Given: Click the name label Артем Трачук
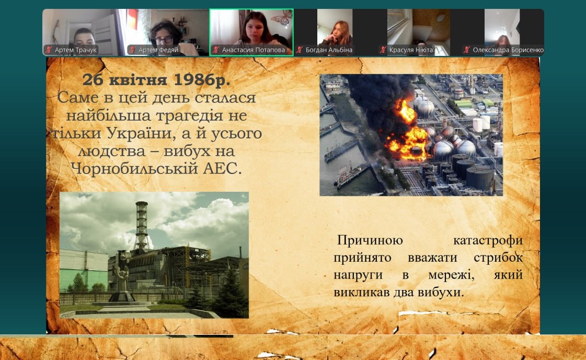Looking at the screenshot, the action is coord(75,50).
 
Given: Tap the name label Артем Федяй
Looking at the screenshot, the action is coord(158,50).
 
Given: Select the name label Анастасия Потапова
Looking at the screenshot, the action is coord(254,50).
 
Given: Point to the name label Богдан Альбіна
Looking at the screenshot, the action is coord(329,50).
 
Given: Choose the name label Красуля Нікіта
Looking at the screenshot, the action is coord(411,50).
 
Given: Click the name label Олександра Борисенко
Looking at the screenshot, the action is coord(508,50).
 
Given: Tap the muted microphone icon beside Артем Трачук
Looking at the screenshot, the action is coord(49,50).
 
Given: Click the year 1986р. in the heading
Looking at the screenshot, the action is coord(202,80).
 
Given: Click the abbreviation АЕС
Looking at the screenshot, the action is coord(222,169).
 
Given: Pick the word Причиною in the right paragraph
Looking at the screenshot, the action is coord(370,241).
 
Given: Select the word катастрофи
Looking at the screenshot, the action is coord(488,241).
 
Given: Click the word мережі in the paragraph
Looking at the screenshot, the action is coord(451,275).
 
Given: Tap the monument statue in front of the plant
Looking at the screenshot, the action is coord(122,276).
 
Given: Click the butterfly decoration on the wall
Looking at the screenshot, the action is coord(282,18).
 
